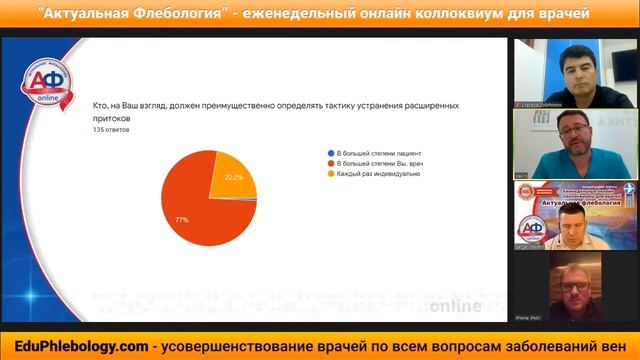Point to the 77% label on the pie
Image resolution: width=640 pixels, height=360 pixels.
pyautogui.click(x=183, y=218)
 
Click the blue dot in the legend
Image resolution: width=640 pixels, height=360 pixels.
pyautogui.click(x=330, y=151)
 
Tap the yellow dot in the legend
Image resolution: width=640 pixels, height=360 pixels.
pyautogui.click(x=330, y=173)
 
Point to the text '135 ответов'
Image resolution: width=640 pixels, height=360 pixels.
pyautogui.click(x=111, y=129)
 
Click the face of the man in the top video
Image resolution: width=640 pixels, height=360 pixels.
pyautogui.click(x=574, y=70)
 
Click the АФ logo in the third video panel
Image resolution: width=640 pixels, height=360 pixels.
pyautogui.click(x=533, y=227)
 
